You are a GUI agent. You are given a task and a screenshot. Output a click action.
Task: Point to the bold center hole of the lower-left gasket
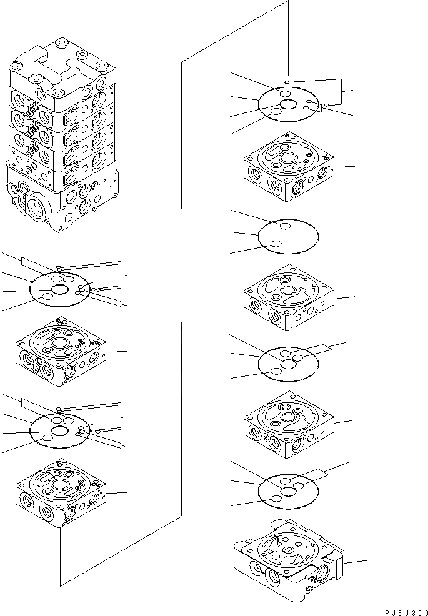point(60,432)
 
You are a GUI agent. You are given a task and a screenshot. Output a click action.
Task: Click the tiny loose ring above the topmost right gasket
point(286,82)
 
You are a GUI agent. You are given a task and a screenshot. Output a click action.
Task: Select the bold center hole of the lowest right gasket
point(288,492)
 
